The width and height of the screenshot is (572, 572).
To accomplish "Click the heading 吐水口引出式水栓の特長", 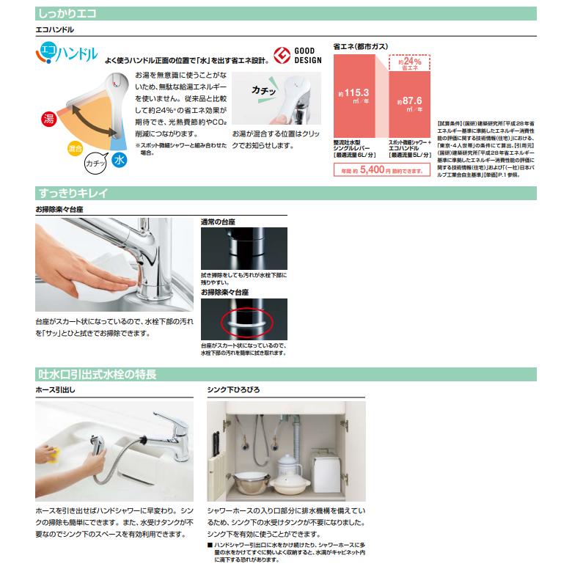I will (x=96, y=375).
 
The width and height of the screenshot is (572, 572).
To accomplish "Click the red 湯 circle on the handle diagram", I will (x=48, y=118).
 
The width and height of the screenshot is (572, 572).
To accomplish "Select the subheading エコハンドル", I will (x=55, y=30).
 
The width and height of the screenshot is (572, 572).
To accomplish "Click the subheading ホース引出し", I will (x=55, y=389).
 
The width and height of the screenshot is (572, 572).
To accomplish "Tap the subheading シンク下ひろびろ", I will (x=233, y=389).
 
